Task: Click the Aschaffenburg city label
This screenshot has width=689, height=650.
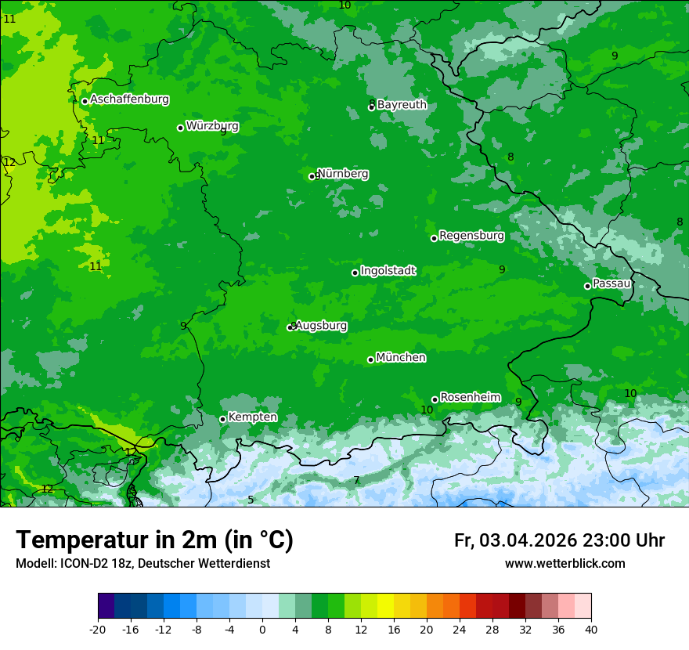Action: pyautogui.click(x=129, y=99)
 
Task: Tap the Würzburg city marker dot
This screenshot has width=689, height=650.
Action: pyautogui.click(x=180, y=128)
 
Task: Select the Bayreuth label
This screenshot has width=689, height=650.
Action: pyautogui.click(x=402, y=104)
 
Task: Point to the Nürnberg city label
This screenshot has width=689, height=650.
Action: pyautogui.click(x=343, y=174)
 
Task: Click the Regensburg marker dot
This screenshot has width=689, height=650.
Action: pyautogui.click(x=434, y=238)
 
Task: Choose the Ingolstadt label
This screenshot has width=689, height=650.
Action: pyautogui.click(x=388, y=271)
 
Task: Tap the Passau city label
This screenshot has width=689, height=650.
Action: pyautogui.click(x=611, y=283)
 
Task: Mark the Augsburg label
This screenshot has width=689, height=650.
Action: pyautogui.click(x=321, y=326)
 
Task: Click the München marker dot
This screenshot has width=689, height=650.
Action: pyautogui.click(x=370, y=359)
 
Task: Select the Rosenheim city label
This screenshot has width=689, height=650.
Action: pyautogui.click(x=470, y=398)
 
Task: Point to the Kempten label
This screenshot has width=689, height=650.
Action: pyautogui.click(x=252, y=417)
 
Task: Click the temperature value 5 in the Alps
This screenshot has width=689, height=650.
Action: pyautogui.click(x=251, y=500)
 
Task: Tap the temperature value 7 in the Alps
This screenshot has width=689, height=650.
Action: pyautogui.click(x=356, y=480)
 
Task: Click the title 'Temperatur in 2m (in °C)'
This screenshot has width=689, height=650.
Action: pyautogui.click(x=154, y=540)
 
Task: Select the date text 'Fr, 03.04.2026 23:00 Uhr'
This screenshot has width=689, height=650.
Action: pyautogui.click(x=559, y=540)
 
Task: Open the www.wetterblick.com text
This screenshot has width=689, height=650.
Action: pyautogui.click(x=565, y=564)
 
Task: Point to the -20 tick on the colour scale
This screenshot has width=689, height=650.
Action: pyautogui.click(x=98, y=630)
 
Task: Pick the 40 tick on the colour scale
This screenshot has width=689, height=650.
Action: pyautogui.click(x=591, y=630)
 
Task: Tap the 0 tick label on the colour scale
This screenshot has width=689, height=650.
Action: pyautogui.click(x=262, y=630)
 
